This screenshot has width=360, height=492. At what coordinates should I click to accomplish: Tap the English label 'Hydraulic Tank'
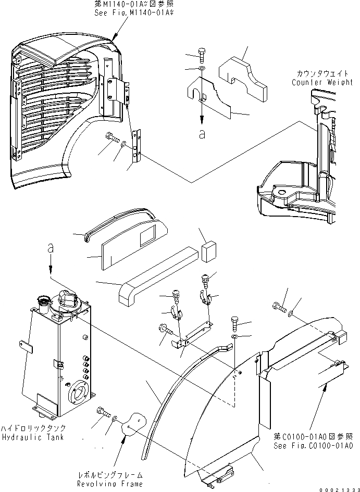click(32, 437)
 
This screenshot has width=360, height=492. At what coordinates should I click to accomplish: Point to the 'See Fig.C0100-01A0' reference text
click(315, 446)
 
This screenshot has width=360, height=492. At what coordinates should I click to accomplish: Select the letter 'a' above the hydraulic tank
click(50, 250)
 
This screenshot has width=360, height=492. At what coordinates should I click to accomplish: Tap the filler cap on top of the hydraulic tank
click(42, 300)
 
